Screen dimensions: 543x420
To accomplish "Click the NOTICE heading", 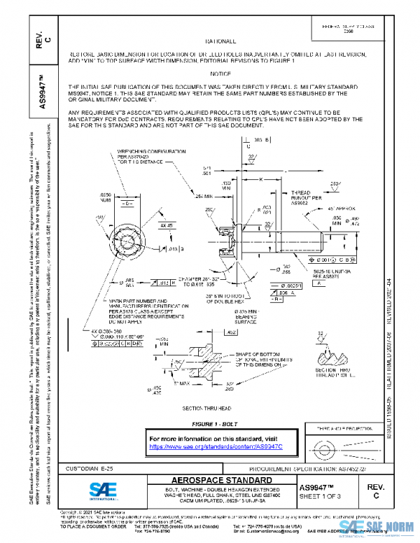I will [219, 73].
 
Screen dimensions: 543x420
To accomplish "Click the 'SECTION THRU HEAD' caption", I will [206, 408].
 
